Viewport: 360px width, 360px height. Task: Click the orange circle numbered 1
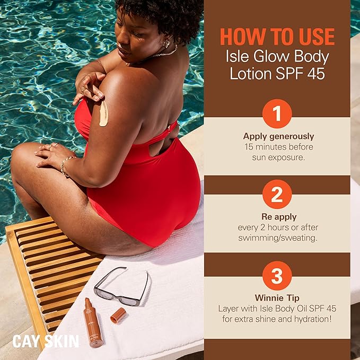(277, 114)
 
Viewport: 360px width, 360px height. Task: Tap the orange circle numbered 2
(277, 195)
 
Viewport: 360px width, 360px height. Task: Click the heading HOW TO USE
(277, 37)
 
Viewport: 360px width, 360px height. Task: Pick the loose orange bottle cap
(118, 315)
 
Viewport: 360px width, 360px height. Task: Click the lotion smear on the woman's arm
(103, 113)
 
